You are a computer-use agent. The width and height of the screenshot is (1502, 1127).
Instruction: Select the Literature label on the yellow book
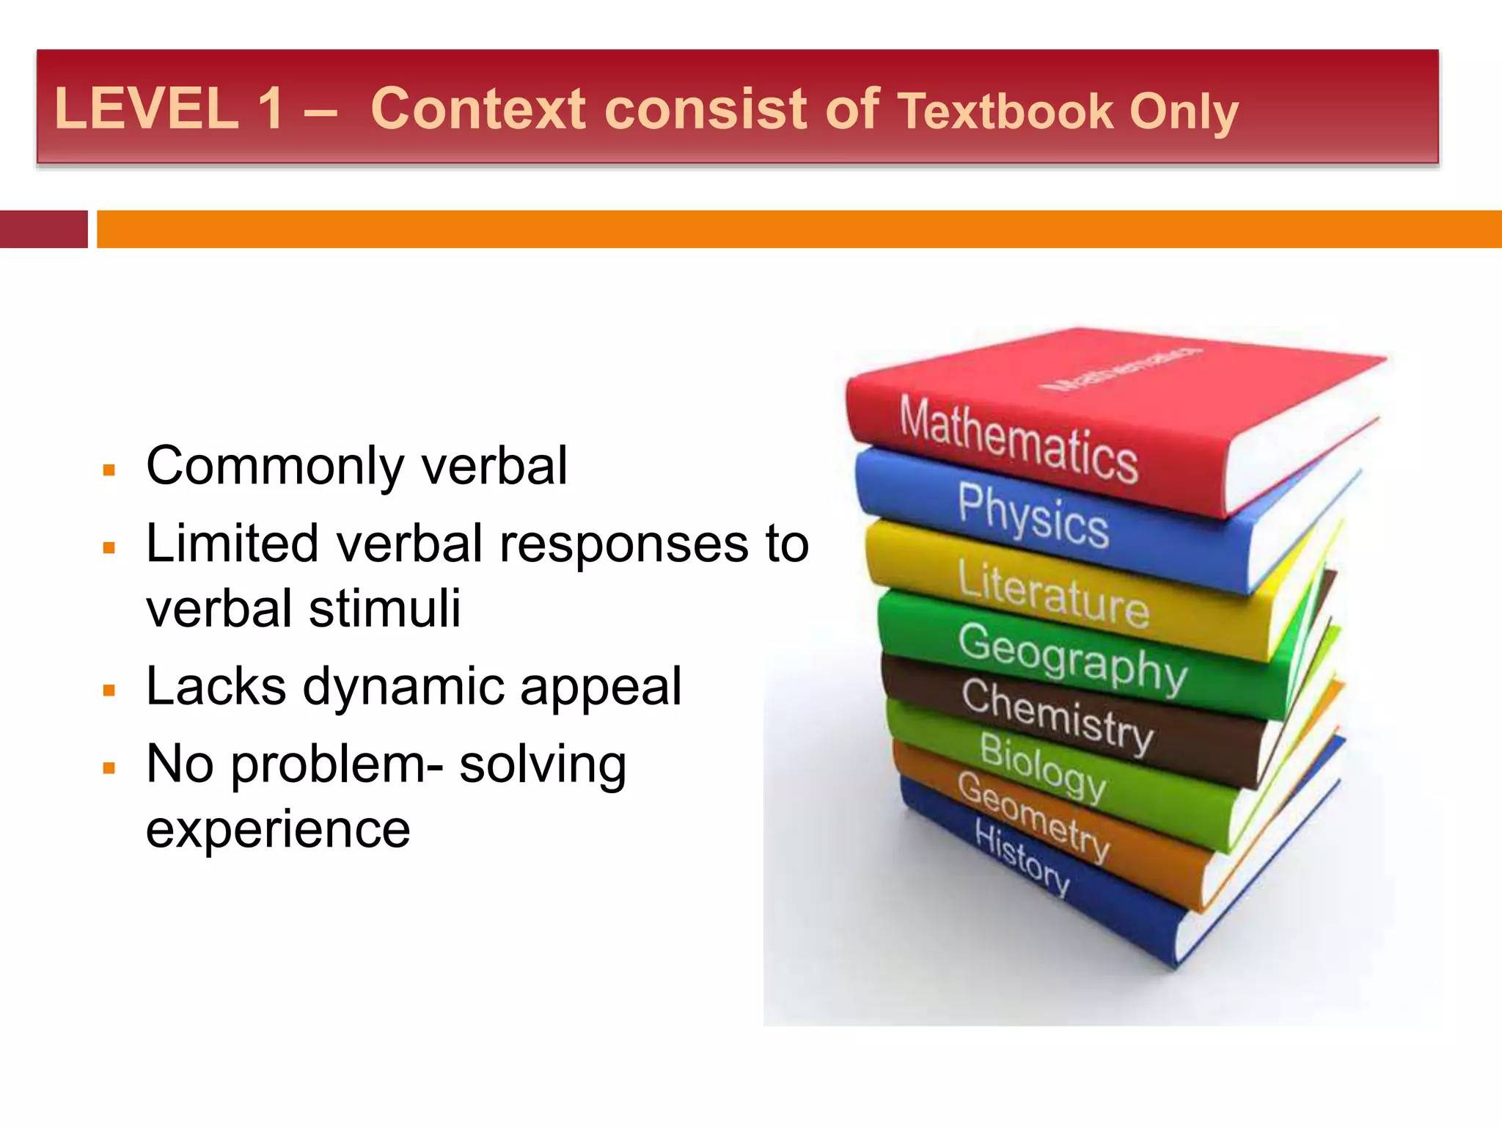click(1053, 594)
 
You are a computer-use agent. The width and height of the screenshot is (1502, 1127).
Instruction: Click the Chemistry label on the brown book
click(1057, 715)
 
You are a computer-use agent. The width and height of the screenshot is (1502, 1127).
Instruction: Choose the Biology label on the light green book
click(1042, 766)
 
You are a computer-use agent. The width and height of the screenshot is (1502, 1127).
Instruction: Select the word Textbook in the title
click(1006, 112)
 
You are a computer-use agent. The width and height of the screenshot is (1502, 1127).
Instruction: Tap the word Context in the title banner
click(478, 109)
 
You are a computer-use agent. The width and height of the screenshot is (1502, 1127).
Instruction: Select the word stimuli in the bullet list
click(384, 608)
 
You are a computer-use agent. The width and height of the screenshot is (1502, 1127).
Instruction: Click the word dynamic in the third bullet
click(403, 687)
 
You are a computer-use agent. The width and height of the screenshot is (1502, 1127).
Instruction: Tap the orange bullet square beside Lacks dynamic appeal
click(110, 690)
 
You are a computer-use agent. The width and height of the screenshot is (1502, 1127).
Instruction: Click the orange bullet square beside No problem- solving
click(110, 768)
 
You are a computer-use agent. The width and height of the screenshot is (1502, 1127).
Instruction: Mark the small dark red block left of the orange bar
click(43, 229)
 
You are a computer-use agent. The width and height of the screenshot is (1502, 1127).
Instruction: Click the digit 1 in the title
click(271, 109)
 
